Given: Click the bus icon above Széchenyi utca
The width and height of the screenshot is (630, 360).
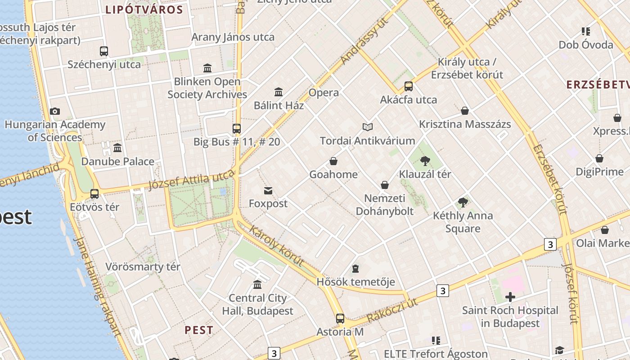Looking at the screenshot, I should click(x=104, y=51).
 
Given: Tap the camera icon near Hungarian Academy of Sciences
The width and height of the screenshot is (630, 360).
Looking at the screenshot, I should click(x=55, y=111).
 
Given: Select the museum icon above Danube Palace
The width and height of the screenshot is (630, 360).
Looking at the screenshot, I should click(x=117, y=148).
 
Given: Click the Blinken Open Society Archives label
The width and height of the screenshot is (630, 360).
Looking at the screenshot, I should click(x=207, y=88).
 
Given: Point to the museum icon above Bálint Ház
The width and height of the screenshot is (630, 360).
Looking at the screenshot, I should click(x=279, y=92).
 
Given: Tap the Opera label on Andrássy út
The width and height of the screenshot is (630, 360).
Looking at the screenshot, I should click(x=324, y=93).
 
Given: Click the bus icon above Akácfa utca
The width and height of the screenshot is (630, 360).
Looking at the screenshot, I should click(x=409, y=86).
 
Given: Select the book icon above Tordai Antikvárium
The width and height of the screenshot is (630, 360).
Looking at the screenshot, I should click(x=368, y=127).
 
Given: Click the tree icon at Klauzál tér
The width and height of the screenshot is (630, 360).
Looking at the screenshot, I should click(x=425, y=161).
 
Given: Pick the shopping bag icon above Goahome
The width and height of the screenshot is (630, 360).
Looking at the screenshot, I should click(x=333, y=161).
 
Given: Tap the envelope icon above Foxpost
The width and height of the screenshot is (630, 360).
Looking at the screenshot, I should click(x=268, y=191).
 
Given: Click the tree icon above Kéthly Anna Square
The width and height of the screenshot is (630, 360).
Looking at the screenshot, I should click(x=463, y=202).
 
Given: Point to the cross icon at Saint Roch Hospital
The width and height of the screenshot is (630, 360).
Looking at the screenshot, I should click(x=510, y=297).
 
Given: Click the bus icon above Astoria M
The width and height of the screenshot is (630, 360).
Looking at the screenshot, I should click(x=340, y=319).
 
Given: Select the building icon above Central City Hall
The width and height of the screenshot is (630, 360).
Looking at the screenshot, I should click(x=257, y=284).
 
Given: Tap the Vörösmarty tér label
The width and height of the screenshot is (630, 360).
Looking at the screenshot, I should click(x=143, y=267).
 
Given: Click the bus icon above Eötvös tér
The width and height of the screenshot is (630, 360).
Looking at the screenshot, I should click(x=94, y=194).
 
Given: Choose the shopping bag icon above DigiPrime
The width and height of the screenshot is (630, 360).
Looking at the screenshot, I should click(x=599, y=158).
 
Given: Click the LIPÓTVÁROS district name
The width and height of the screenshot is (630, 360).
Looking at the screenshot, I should click(x=144, y=10).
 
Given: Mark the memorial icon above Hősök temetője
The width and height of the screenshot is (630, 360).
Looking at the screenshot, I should click(x=355, y=269).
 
